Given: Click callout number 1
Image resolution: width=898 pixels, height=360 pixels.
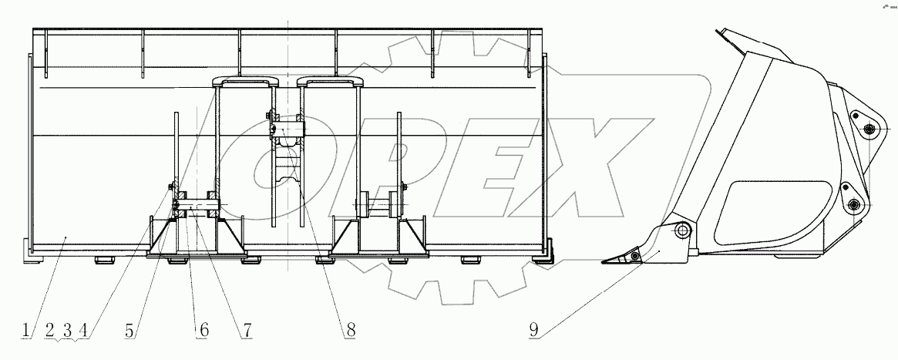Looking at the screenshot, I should coord(27,331).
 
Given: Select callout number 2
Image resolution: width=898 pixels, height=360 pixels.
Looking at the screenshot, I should coord(50,331).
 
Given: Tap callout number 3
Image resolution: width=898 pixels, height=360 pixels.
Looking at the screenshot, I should coord(67,331).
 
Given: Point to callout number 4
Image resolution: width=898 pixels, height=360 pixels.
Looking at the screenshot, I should coord(82,331).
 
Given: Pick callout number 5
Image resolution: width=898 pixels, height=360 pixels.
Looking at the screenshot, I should coord(131,331).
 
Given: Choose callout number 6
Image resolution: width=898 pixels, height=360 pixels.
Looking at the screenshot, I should coord(203,331).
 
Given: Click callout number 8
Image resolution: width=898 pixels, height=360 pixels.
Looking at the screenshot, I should coord(350,331).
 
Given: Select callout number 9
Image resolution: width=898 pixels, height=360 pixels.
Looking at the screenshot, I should coord(533,331).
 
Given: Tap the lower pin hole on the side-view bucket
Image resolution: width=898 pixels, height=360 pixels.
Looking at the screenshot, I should coord(853,203).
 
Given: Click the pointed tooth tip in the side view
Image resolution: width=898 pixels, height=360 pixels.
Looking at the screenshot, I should coord(604,262).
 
